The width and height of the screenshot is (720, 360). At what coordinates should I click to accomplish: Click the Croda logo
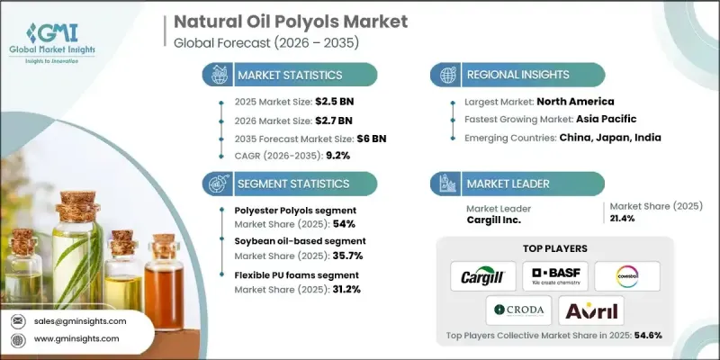pos(518,310)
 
